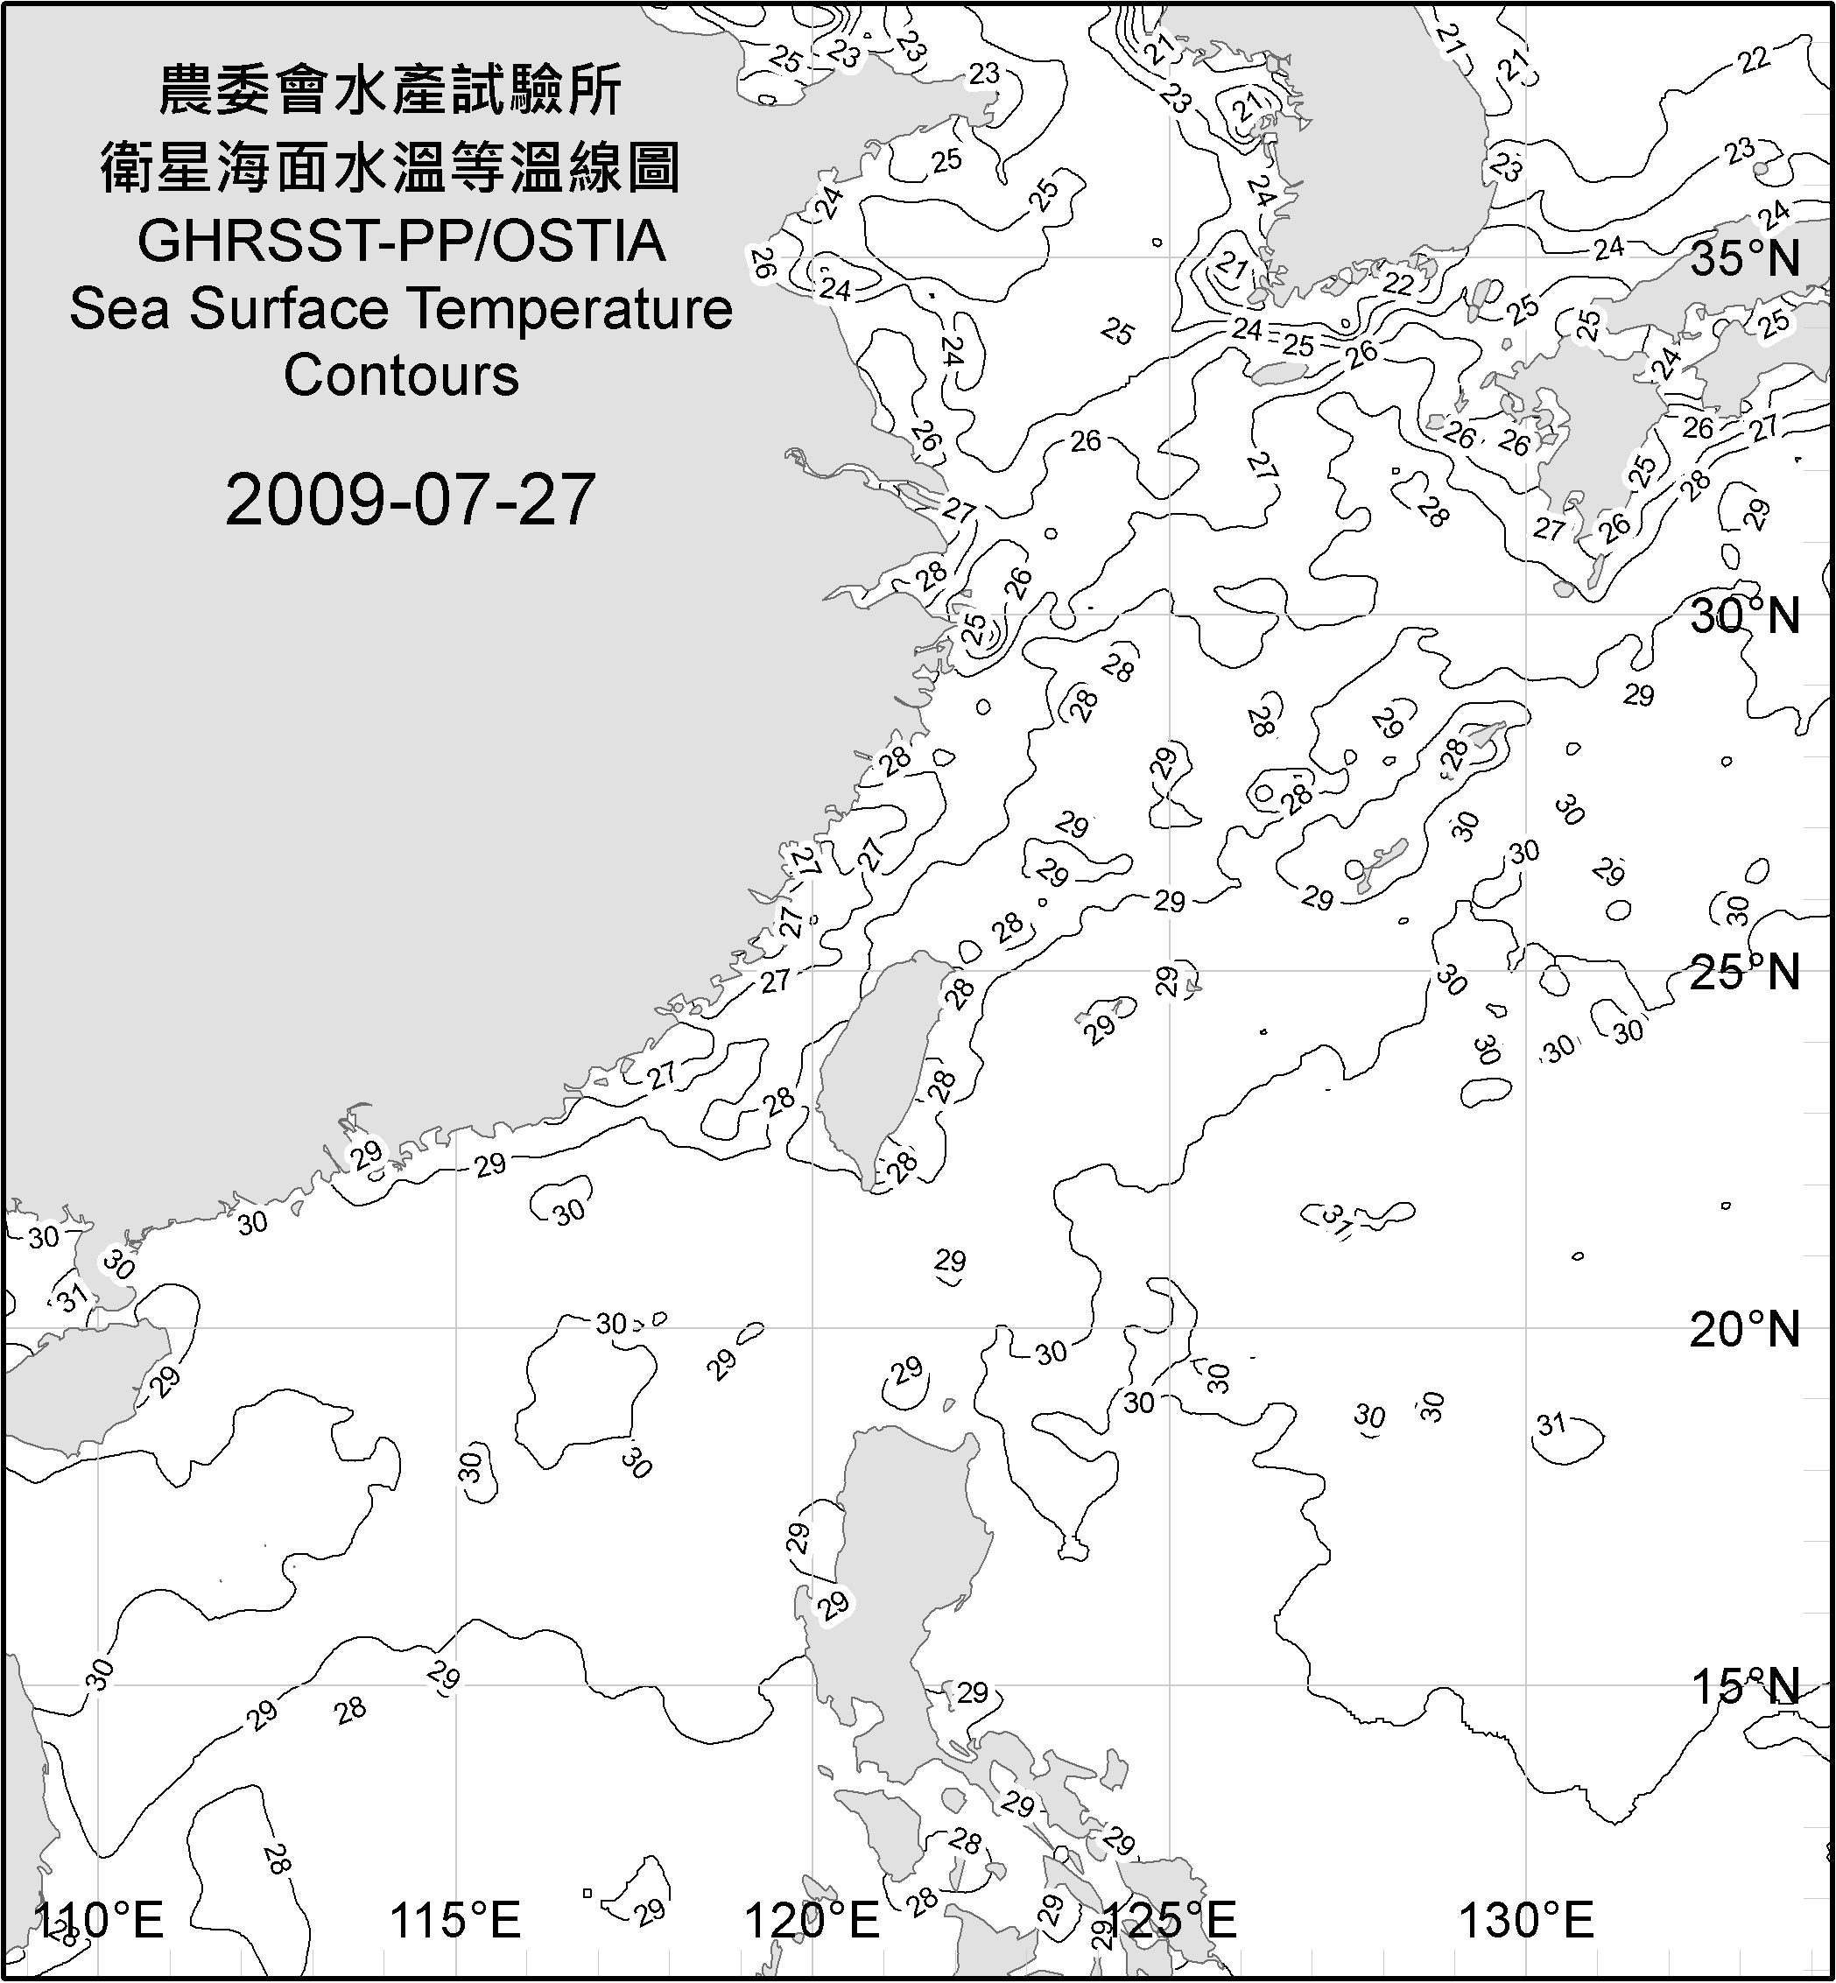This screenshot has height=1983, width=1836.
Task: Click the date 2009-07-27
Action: pos(410,500)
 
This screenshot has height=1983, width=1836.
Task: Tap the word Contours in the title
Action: pos(401,376)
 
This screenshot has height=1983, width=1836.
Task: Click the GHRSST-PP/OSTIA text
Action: pos(401,241)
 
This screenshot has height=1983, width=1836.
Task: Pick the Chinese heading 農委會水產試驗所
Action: pos(390,91)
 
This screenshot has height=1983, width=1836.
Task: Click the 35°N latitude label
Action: pos(1745,259)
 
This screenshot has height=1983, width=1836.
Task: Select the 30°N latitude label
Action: pos(1745,617)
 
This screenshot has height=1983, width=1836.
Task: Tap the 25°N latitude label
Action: pos(1745,973)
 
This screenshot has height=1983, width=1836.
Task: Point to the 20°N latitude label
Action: pos(1745,1329)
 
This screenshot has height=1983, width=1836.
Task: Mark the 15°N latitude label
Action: pos(1745,1686)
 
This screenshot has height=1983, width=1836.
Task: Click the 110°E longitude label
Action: pos(99,1921)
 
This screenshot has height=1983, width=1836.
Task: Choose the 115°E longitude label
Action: pos(456,1921)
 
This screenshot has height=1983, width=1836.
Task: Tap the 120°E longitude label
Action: pos(812,1921)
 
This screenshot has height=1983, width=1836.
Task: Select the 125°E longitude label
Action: pos(1170,1921)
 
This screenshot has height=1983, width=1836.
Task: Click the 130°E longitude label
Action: pos(1526,1921)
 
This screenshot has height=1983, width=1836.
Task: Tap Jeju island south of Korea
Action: pos(1281,373)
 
